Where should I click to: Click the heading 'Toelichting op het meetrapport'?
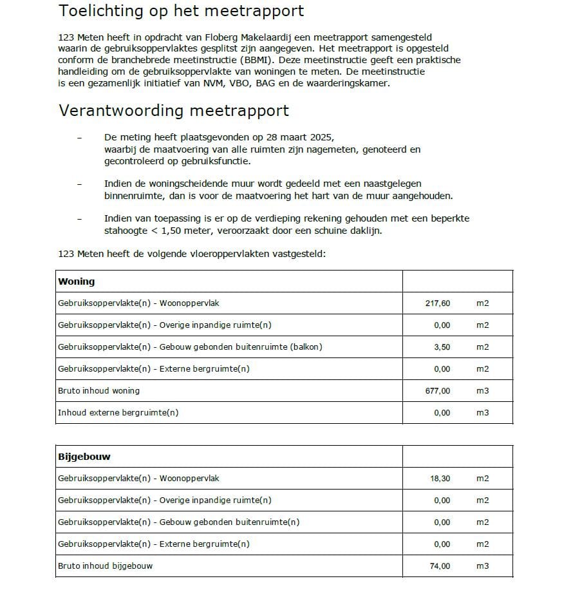[181, 12]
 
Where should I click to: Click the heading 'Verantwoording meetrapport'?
[174, 111]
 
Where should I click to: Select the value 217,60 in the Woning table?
[438, 303]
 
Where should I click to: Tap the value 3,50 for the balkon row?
[442, 347]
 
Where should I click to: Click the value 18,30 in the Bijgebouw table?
[440, 479]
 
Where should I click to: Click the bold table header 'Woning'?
[76, 281]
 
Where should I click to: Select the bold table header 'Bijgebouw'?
[84, 457]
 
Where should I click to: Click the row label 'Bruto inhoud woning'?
[99, 391]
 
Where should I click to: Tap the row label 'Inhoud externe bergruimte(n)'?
[118, 413]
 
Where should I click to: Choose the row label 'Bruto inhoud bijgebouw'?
[105, 566]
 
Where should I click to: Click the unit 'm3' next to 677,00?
[482, 391]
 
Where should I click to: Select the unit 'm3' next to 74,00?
[482, 566]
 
